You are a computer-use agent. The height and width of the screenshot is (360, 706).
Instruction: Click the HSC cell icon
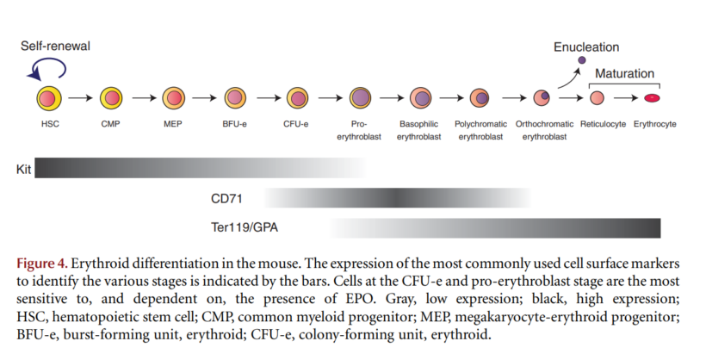[48, 98]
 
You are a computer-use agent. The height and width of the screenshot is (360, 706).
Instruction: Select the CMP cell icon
[110, 98]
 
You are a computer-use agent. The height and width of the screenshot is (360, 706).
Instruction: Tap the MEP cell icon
[172, 98]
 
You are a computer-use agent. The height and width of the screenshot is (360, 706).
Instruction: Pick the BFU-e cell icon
[235, 98]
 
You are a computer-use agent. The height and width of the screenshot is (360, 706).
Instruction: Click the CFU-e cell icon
[297, 98]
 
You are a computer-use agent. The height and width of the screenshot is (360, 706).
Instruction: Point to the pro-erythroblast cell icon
[359, 98]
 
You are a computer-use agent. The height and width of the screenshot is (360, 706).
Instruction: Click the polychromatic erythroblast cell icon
[481, 98]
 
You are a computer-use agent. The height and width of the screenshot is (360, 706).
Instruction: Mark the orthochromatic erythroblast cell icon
[542, 98]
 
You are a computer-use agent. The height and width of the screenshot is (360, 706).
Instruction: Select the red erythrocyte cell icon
[653, 98]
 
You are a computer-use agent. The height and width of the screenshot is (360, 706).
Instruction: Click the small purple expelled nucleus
[581, 60]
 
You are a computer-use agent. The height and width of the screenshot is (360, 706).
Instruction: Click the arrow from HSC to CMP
[79, 98]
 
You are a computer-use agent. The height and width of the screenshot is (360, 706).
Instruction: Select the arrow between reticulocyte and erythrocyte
[626, 98]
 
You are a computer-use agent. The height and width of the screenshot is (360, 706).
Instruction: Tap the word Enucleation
[586, 47]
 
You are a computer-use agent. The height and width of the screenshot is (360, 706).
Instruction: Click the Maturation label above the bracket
[624, 73]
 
